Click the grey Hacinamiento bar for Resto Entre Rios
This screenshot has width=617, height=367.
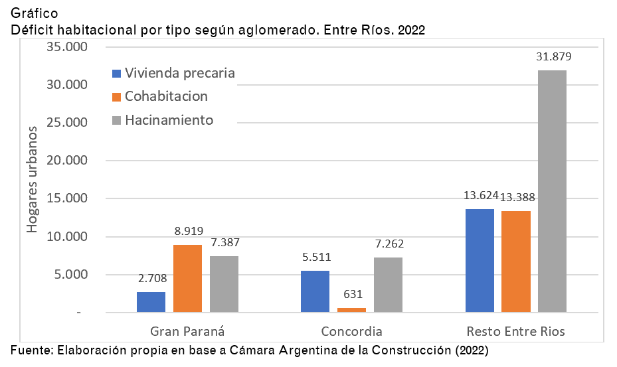(552, 191)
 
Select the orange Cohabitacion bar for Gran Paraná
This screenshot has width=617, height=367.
(187, 279)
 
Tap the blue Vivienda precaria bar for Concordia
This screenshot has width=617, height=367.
(315, 291)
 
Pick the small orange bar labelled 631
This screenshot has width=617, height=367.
(351, 309)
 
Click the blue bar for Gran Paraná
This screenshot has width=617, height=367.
(151, 302)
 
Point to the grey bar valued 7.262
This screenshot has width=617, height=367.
(388, 285)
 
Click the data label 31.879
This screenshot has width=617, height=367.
(554, 56)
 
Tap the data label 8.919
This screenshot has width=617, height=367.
(187, 231)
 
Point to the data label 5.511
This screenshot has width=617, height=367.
(315, 257)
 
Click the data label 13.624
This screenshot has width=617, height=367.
(479, 196)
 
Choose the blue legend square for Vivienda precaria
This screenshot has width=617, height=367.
(117, 74)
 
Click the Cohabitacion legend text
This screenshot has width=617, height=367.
(166, 96)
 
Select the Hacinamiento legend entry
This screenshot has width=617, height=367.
(169, 120)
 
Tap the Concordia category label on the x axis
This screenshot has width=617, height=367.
(351, 331)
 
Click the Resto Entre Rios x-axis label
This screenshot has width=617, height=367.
(515, 331)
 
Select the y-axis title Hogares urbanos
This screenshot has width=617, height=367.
(32, 179)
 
